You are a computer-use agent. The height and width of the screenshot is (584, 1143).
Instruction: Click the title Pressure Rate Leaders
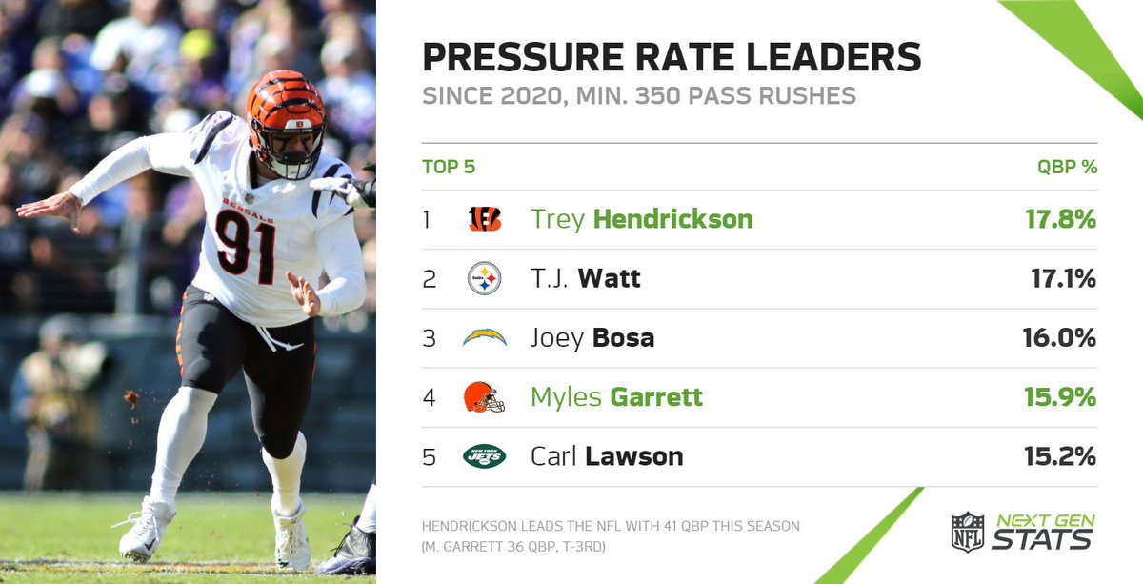[672, 57]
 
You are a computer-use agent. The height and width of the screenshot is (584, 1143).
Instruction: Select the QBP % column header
[1067, 167]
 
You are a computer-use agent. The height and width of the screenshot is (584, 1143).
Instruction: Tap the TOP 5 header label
[449, 167]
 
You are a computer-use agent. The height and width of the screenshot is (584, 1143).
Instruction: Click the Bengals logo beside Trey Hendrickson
[484, 219]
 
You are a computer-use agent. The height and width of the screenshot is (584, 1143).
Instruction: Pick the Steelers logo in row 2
[484, 278]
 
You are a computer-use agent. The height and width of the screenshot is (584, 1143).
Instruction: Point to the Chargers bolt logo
[484, 337]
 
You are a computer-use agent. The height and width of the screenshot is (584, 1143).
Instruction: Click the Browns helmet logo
[484, 396]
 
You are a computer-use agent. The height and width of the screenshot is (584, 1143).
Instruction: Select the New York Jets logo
[484, 456]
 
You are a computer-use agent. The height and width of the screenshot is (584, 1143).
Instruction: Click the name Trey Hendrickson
[641, 219]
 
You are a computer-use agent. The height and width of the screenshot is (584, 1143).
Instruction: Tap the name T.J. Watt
[585, 278]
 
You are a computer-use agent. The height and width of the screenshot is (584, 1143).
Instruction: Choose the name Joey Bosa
[592, 337]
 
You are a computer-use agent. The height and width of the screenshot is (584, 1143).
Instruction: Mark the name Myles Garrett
[616, 396]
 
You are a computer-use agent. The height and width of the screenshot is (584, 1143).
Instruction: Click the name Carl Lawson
[606, 456]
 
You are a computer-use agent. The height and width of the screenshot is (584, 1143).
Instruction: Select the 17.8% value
[1060, 219]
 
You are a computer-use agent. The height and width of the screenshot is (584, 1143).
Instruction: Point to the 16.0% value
[1060, 337]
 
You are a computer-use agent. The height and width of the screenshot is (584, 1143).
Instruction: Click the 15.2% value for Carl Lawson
[1060, 456]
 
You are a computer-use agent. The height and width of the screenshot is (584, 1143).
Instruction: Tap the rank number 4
[429, 397]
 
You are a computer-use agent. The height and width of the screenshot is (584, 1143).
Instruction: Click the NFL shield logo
[967, 532]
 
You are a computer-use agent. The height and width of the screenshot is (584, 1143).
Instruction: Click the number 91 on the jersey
[245, 244]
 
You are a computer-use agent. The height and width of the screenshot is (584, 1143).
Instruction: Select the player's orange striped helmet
[285, 110]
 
